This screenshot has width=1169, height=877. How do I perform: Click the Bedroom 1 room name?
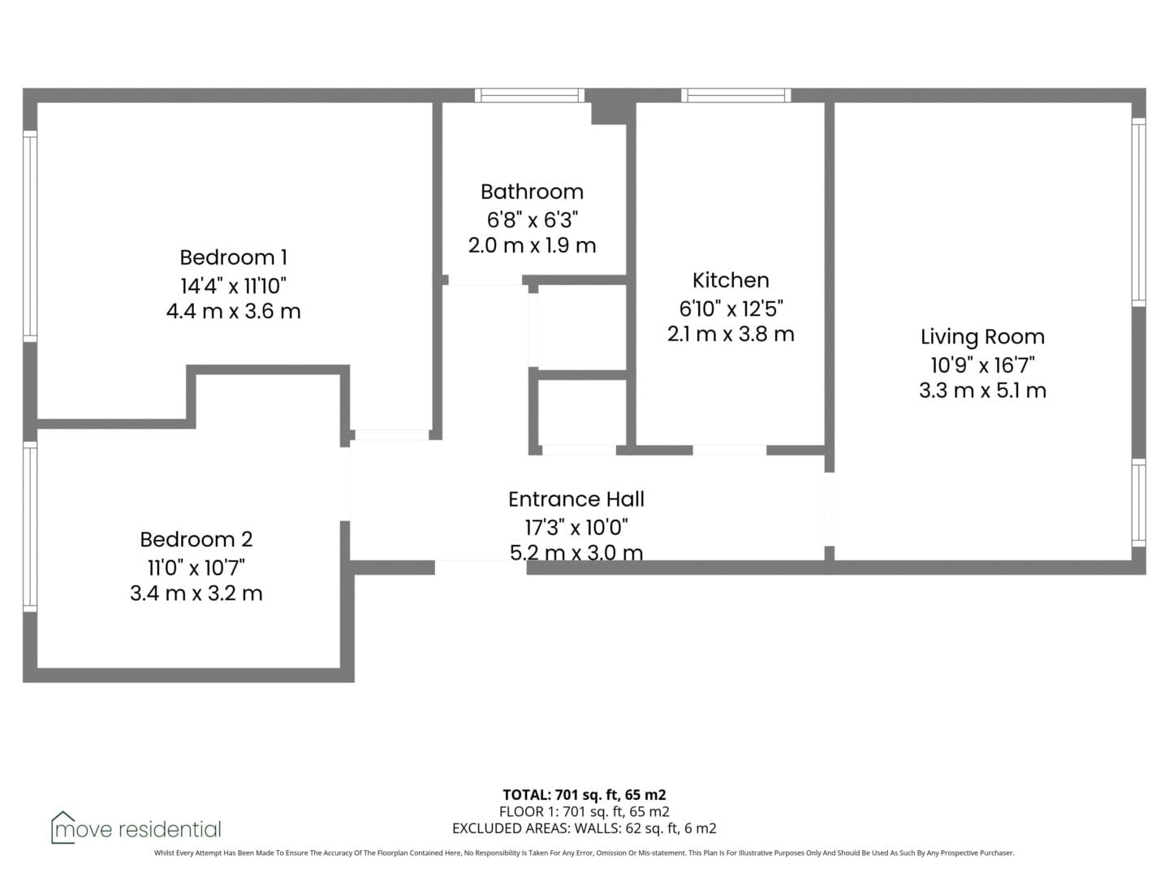coord(233,257)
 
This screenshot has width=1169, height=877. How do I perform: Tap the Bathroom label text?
coord(532,192)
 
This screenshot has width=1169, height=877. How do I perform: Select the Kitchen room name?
coord(731,280)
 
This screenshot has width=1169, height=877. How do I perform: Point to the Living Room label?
coord(982,337)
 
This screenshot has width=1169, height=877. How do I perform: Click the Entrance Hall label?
coord(576,499)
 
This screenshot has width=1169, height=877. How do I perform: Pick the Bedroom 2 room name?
coord(196,539)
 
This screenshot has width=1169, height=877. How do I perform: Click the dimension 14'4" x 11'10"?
coord(233,286)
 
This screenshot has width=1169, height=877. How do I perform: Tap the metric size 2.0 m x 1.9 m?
coord(532,245)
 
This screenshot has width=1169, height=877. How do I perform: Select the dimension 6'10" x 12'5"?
coord(731,309)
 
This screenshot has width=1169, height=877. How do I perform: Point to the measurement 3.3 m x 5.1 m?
coord(982,391)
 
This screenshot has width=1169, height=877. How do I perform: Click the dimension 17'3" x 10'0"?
coord(576,528)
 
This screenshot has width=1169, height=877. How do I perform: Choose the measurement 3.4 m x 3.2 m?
coord(196,593)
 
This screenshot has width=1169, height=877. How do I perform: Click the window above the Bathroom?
coord(529,95)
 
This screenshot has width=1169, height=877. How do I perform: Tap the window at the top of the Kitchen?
coord(736,95)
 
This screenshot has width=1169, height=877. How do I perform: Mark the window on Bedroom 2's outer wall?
coord(30,527)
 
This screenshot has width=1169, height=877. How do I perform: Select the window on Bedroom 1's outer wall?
coord(30,235)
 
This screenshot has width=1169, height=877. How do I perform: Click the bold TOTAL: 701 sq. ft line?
coord(584,795)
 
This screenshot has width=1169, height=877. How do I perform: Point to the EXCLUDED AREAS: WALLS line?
coord(584,828)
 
